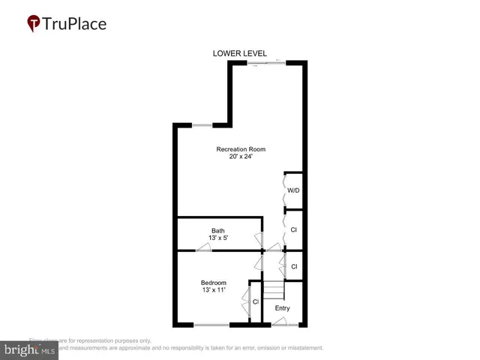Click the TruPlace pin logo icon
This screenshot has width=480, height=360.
click(34, 24)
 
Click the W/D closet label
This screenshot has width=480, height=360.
click(294, 190)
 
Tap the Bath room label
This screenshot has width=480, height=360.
click(217, 231)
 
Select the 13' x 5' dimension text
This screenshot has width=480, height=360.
click(217, 238)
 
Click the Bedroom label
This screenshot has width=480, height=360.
click(214, 282)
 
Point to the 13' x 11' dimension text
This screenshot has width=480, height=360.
click(214, 289)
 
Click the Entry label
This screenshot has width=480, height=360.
click(282, 308)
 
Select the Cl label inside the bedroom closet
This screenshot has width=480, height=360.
click(256, 301)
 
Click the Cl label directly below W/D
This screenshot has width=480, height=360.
click(294, 230)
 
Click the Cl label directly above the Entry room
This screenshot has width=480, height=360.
click(294, 266)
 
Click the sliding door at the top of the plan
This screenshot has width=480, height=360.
click(268, 63)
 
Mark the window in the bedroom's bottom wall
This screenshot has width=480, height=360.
click(211, 325)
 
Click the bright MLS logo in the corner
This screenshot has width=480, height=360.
click(30, 349)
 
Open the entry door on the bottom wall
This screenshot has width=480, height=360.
click(283, 323)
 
